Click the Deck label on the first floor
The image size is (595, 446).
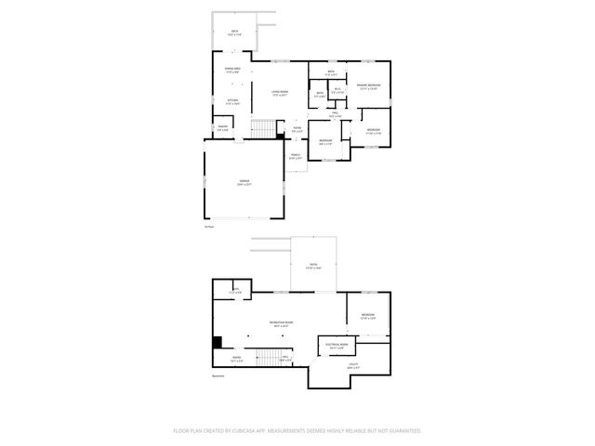[x=234, y=33]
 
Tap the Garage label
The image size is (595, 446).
[x=244, y=184]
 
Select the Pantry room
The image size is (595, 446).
[x=223, y=129]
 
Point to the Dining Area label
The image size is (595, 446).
[x=232, y=70]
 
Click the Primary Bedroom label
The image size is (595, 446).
[x=368, y=86]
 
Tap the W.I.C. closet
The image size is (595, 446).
[x=338, y=91]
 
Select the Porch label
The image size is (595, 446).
[x=295, y=156]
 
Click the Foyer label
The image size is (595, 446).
[x=297, y=128]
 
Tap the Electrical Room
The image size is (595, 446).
[x=337, y=345]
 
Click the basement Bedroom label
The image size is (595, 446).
[x=368, y=316]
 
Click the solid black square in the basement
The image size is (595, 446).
[x=218, y=341]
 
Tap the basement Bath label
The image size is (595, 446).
[x=236, y=291]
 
